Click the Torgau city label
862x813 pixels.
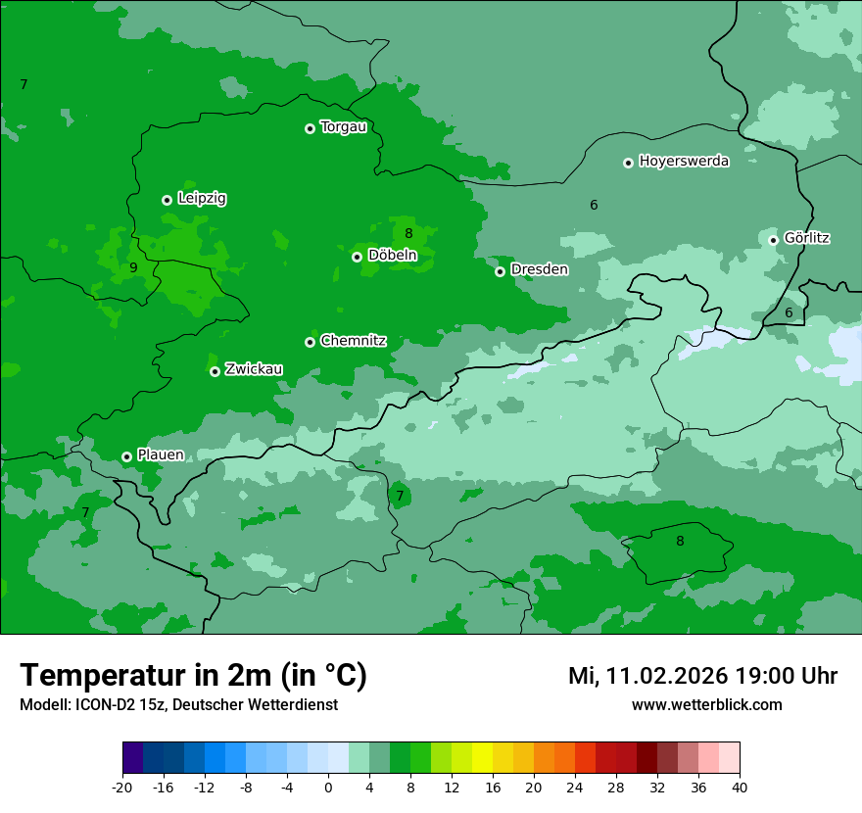pos(343,127)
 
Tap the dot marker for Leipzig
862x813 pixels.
pos(167,200)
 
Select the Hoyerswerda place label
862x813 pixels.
pos(684,162)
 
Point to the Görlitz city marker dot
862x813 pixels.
pos(773,240)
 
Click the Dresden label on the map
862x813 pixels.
pos(539,269)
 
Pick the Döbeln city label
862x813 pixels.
pos(392,256)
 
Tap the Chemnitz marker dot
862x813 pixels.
pos(310,342)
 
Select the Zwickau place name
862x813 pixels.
pos(254,369)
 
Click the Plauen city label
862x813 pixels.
pos(161,454)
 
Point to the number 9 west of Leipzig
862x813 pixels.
pos(133,267)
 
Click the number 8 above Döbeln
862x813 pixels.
pos(408,233)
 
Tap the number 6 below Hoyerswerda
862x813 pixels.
pos(594,205)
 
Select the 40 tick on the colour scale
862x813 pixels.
pos(739,787)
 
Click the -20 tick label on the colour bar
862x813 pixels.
pos(122,787)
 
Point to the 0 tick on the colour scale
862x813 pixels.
pos(328,787)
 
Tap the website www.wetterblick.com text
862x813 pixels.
pos(706,705)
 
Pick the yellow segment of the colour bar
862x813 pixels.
pos(482,758)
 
